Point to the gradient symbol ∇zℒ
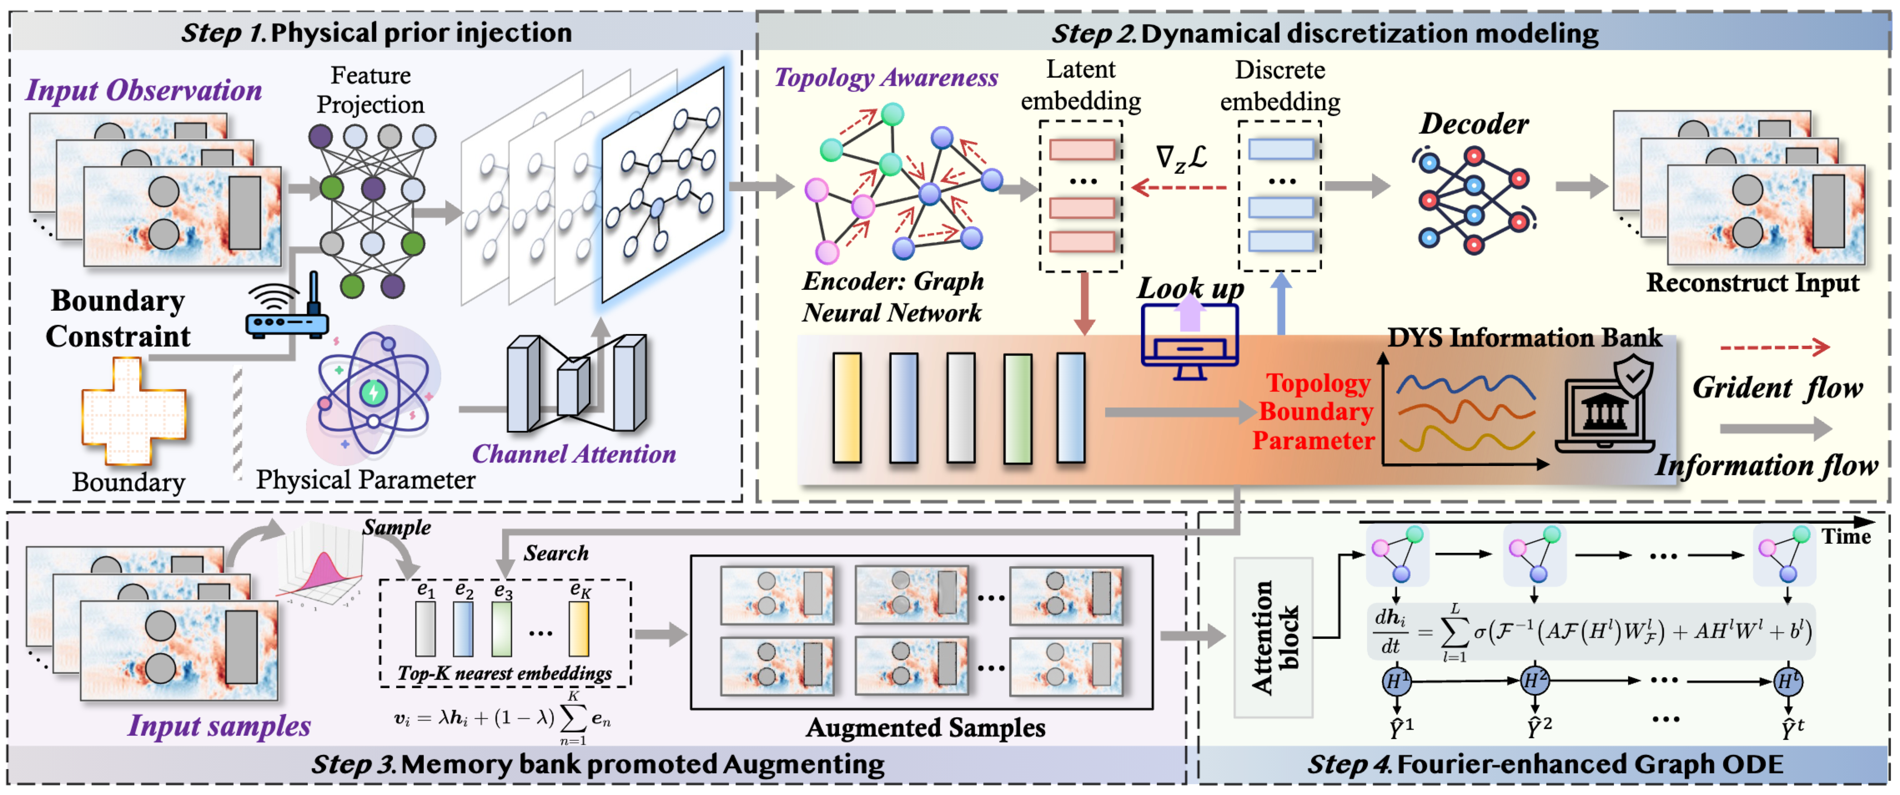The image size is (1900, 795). (1181, 158)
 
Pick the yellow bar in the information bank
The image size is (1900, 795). (847, 408)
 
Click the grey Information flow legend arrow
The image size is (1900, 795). (1774, 428)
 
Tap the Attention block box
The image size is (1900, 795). (1273, 638)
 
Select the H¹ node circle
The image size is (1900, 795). (1395, 681)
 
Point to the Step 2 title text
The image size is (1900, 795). (1324, 34)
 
